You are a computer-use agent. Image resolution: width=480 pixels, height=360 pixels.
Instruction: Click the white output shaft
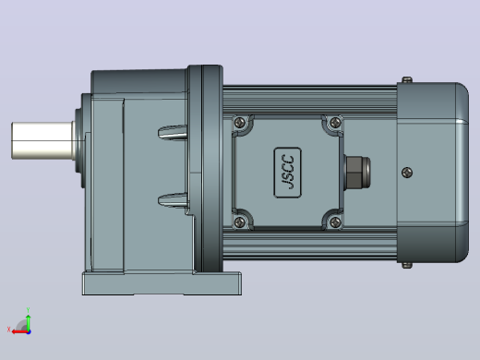click(x=42, y=140)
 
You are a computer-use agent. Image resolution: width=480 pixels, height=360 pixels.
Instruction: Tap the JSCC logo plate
click(x=287, y=173)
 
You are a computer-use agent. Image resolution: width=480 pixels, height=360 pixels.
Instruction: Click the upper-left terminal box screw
click(x=240, y=123)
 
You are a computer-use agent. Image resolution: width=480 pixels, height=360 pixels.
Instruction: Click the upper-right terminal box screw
click(x=335, y=123)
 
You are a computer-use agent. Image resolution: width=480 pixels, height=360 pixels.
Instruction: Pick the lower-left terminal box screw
click(x=240, y=222)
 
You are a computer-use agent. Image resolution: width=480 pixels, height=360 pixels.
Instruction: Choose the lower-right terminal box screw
click(x=335, y=222)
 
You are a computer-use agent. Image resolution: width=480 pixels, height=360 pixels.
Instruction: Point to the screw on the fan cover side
click(x=407, y=173)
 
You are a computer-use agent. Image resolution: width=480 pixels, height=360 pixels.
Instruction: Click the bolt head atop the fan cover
click(x=407, y=79)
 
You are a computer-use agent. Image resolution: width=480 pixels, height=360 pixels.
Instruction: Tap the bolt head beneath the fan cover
click(x=407, y=265)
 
